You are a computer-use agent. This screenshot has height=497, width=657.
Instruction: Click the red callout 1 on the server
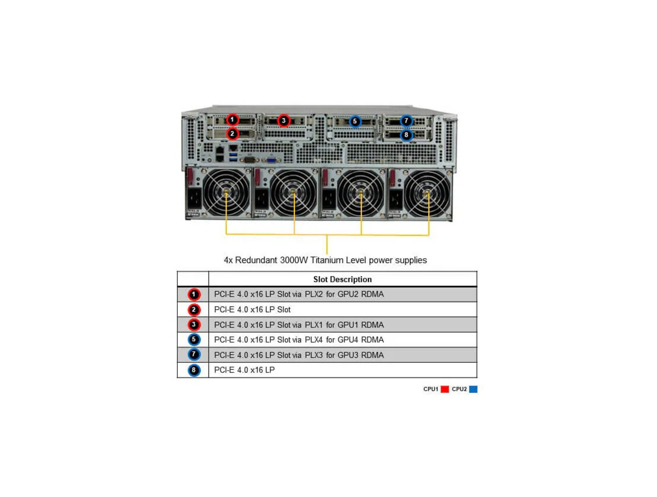pos(233,119)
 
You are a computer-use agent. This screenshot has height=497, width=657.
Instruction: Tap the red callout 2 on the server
pos(233,134)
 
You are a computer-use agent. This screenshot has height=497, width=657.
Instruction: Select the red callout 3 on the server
pos(284,120)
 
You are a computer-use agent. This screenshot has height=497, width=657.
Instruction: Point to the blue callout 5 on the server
pos(355,121)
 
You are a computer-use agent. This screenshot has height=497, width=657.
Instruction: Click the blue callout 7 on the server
pos(406,120)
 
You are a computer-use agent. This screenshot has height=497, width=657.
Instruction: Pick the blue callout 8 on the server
pos(406,135)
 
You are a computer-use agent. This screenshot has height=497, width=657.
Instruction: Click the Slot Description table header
pos(342,279)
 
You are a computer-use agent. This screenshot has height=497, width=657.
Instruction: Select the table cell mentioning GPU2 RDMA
pos(299,294)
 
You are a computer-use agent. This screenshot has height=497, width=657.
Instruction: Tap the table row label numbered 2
pos(194,310)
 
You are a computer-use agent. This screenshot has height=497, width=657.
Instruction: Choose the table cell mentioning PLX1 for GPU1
pos(299,325)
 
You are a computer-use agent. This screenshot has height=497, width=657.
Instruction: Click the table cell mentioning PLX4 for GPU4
pos(299,340)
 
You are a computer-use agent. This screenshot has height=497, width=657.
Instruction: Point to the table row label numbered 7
pos(194,355)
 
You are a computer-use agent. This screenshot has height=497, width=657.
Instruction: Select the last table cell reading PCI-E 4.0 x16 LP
pos(244,370)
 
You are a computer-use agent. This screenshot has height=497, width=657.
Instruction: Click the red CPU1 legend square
pos(445,389)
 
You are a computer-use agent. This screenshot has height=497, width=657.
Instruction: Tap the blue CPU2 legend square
pos(473,389)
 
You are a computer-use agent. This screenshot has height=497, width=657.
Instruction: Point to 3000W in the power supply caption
pos(294,260)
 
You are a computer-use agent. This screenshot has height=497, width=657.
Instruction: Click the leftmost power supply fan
pos(226,193)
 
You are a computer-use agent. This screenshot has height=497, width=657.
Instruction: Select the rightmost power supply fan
pos(427,193)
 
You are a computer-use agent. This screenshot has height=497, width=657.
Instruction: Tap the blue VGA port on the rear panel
pos(271,160)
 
